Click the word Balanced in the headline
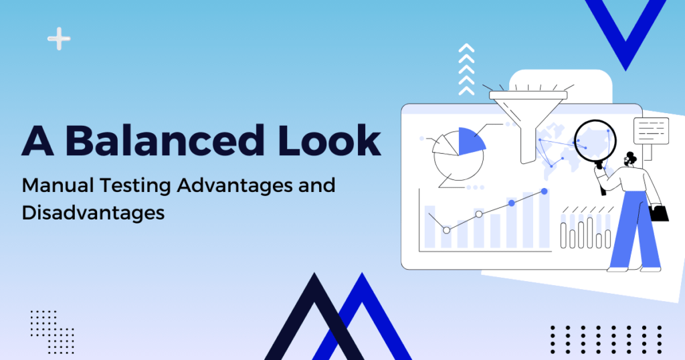[165, 140]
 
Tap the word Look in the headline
[329, 140]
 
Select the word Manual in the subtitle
[58, 185]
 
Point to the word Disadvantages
[93, 213]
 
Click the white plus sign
[59, 39]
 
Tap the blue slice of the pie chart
[470, 143]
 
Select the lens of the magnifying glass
[595, 141]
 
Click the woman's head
[630, 159]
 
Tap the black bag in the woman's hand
[659, 213]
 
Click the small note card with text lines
[651, 130]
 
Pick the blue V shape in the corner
[625, 31]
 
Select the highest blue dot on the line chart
[545, 191]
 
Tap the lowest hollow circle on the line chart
[446, 230]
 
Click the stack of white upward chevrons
[466, 70]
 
